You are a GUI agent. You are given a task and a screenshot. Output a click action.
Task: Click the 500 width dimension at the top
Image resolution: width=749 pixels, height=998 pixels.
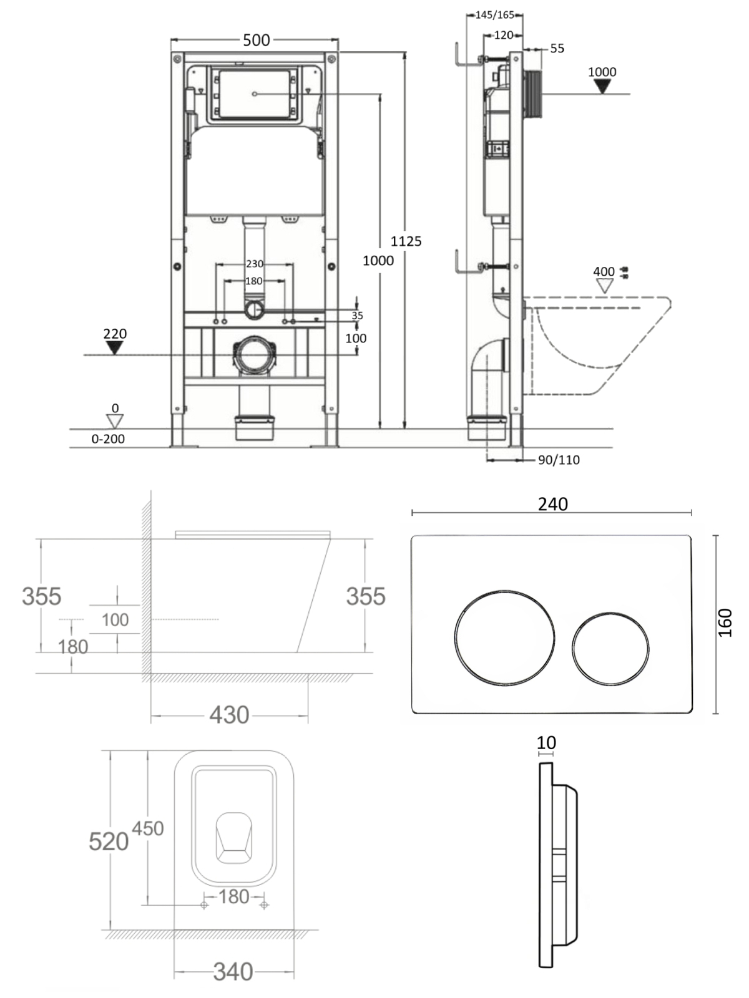tap(257, 40)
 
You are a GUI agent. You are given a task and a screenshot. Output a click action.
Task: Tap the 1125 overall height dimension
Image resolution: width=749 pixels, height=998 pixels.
tap(406, 241)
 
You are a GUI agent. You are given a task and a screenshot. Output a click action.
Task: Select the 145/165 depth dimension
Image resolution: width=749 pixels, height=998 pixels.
tap(495, 15)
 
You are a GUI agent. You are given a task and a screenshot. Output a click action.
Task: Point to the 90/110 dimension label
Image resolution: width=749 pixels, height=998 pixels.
tap(559, 460)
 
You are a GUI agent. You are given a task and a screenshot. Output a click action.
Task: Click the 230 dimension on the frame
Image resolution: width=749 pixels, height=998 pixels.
tap(255, 263)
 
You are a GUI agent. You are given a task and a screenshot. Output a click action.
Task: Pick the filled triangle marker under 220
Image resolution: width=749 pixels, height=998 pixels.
tap(115, 348)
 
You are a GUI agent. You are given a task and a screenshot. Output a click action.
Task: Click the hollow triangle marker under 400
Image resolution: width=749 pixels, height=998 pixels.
tap(605, 286)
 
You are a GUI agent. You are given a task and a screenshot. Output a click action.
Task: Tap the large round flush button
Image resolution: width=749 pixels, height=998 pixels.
tap(505, 638)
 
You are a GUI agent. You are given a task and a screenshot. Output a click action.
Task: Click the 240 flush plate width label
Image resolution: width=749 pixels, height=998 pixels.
tap(553, 504)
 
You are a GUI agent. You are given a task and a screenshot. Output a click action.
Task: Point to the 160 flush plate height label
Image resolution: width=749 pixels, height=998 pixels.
tap(726, 623)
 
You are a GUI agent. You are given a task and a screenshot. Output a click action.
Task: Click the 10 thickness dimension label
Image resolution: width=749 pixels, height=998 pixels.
tap(546, 742)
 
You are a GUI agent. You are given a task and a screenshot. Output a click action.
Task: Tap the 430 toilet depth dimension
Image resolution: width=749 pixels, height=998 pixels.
tap(229, 715)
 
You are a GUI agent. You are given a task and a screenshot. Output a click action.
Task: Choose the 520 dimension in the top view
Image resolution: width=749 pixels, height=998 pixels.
tap(108, 841)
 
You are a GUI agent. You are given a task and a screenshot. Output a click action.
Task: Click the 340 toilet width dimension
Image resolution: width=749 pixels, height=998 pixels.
tap(233, 972)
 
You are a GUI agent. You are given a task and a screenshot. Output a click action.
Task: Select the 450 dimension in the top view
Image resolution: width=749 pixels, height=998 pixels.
tap(148, 828)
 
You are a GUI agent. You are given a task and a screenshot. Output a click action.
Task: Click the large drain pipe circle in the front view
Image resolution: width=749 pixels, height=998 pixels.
tap(255, 355)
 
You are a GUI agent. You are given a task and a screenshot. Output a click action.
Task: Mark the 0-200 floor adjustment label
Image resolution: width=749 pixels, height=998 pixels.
tap(108, 438)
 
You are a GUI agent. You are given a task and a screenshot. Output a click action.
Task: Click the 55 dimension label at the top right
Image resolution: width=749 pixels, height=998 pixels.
tap(557, 48)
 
